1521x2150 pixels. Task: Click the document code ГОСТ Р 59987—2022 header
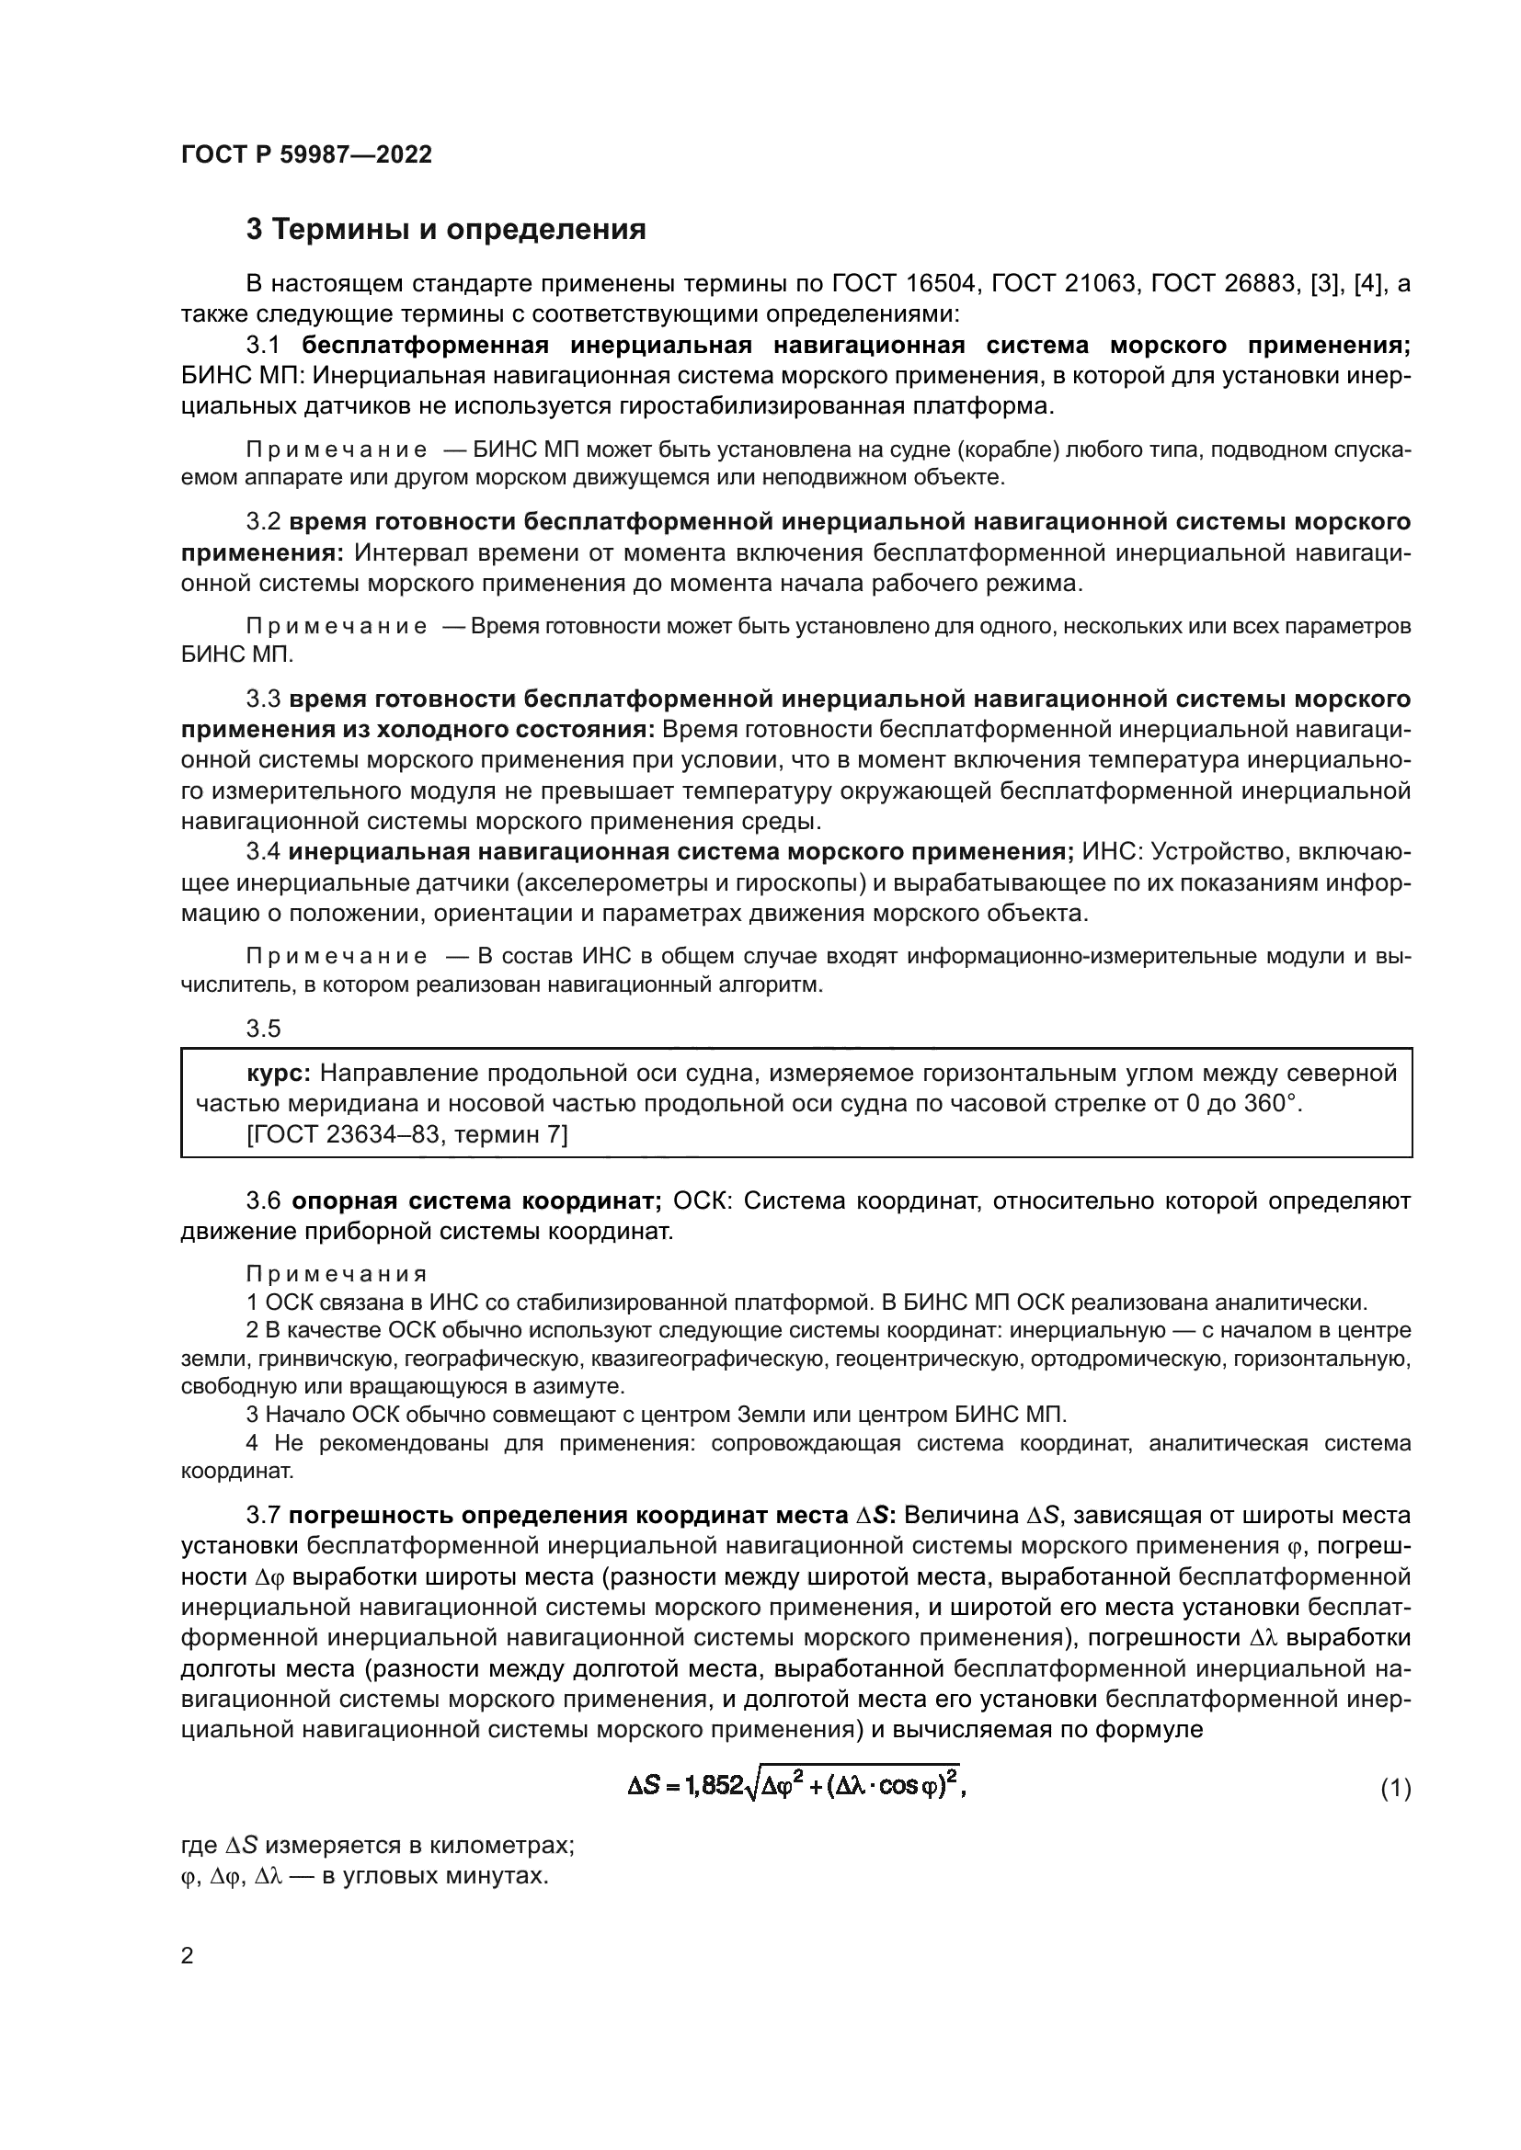click(306, 154)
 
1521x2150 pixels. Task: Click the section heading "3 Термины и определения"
click(446, 230)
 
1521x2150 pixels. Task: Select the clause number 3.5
click(263, 1029)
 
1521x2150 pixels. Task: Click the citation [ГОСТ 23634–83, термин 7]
click(406, 1134)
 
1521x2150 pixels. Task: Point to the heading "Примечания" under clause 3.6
click(337, 1274)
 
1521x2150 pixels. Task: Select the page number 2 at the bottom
click(188, 1956)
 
